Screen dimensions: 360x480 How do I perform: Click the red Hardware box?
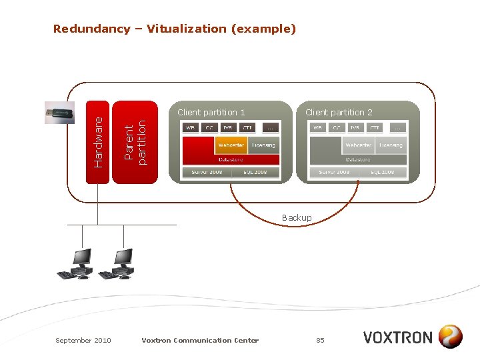click(98, 141)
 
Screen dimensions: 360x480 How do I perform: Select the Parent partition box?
click(135, 141)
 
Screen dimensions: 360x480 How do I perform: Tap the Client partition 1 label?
click(211, 112)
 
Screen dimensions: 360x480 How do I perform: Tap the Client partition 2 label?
click(339, 112)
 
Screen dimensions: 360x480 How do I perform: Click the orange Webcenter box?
click(231, 145)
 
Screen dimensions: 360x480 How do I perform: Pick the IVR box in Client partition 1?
click(228, 127)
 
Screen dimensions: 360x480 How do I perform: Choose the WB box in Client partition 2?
click(318, 127)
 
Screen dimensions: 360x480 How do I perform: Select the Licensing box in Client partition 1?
click(263, 145)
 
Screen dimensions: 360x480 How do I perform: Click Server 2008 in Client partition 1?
click(207, 172)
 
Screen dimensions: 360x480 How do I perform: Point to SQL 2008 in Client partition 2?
click(383, 172)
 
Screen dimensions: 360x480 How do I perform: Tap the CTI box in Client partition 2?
click(375, 127)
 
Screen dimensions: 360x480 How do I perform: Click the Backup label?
click(297, 218)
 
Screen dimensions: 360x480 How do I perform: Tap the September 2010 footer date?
click(83, 340)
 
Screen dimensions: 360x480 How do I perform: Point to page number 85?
click(320, 340)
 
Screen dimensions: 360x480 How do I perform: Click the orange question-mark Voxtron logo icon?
click(451, 337)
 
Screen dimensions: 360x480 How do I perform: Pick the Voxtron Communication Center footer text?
click(200, 340)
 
